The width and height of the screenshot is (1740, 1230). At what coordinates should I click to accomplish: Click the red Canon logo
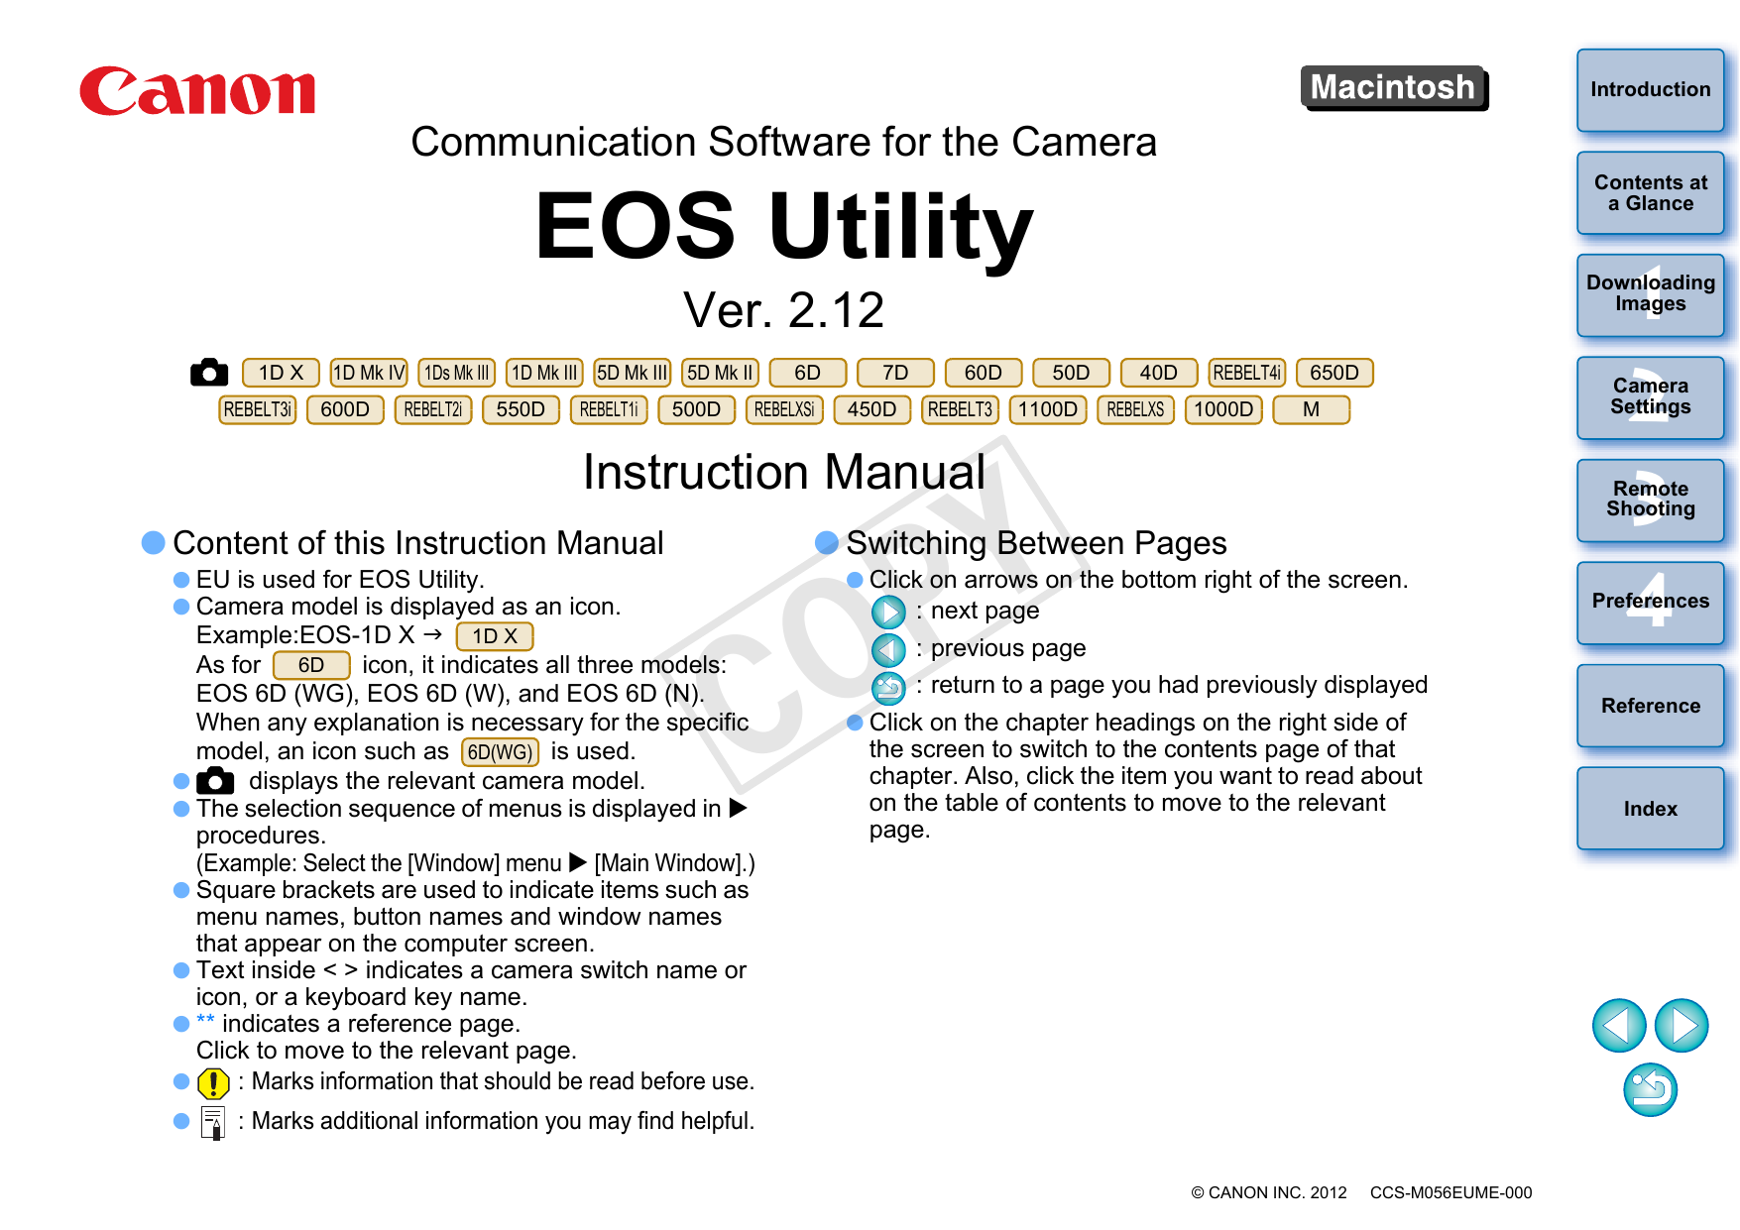[197, 91]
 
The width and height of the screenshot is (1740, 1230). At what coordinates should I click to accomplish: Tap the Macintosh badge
[1394, 88]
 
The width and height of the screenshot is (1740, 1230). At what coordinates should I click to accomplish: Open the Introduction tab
[1650, 89]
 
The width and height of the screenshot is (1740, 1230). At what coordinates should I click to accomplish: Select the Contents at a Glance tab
[1650, 192]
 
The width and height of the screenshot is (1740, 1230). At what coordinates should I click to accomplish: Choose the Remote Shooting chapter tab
[1650, 500]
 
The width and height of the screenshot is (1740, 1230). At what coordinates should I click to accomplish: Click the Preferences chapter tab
[1650, 602]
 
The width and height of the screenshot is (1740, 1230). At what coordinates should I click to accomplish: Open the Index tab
[1650, 808]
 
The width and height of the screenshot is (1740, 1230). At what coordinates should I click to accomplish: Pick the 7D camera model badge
[895, 373]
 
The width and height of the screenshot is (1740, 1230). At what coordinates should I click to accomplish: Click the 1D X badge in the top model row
[281, 373]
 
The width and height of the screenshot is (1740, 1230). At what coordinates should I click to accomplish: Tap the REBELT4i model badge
[1247, 373]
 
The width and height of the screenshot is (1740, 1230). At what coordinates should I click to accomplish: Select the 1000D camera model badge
[1223, 409]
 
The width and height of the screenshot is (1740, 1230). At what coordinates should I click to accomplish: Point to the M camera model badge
[1311, 409]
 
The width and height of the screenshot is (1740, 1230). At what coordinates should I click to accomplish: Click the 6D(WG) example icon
[500, 752]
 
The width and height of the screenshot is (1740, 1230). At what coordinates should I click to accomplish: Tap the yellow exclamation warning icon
[213, 1083]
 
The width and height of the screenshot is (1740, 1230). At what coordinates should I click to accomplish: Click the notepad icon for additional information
[212, 1123]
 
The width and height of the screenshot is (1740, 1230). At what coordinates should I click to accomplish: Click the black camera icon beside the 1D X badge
[209, 373]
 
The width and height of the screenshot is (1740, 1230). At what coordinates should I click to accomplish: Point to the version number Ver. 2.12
[783, 310]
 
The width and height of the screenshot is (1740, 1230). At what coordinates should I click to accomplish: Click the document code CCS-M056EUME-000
[1450, 1192]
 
